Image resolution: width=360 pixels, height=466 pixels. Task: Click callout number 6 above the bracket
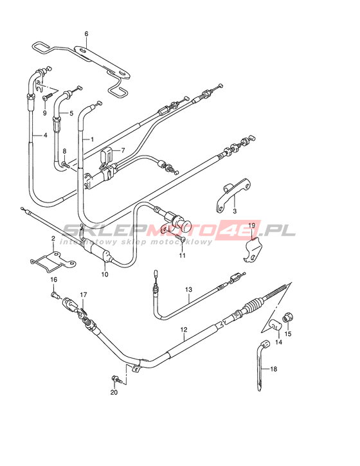click(x=86, y=34)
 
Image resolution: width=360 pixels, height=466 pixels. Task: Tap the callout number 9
click(x=44, y=113)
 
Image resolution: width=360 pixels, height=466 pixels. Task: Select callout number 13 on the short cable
click(x=188, y=289)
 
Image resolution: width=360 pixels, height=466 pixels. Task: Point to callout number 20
click(x=114, y=392)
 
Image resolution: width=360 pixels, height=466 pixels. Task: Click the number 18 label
click(x=273, y=369)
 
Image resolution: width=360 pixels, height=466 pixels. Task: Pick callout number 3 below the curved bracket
click(x=235, y=211)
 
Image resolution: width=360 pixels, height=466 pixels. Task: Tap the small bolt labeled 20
click(x=116, y=379)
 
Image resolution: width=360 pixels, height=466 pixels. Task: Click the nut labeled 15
click(x=287, y=318)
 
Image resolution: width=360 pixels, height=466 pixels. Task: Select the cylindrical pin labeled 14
click(x=276, y=325)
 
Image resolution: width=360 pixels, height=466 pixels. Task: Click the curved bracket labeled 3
click(x=233, y=195)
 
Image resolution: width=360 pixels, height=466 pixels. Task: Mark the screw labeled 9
click(x=48, y=96)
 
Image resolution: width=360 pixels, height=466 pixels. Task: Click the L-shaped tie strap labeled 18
click(x=260, y=366)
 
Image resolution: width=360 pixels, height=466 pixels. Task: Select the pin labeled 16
click(x=55, y=295)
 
